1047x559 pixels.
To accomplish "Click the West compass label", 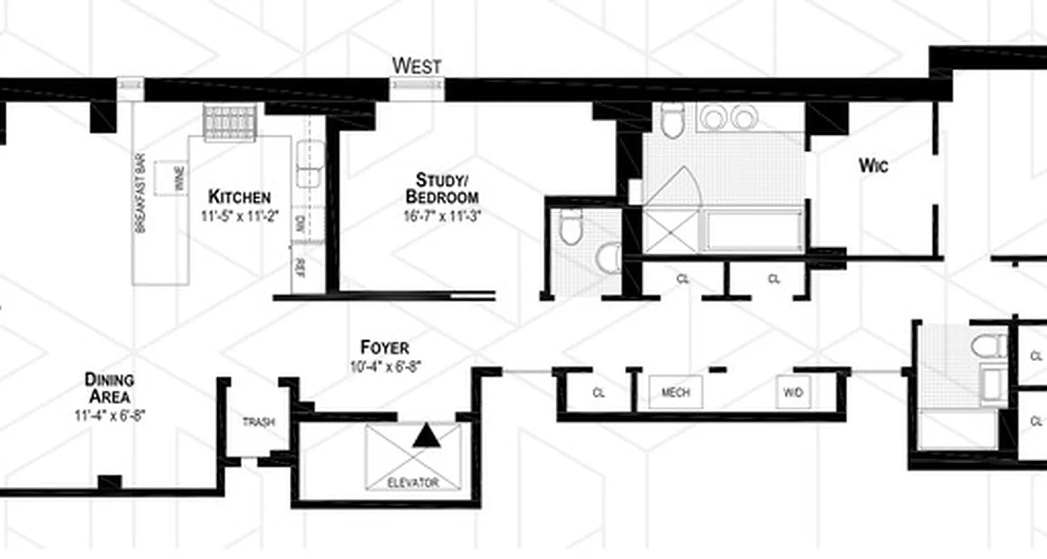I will [417, 66].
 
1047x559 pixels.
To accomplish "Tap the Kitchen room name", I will [239, 196].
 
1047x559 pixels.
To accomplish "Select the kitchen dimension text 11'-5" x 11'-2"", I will [239, 217].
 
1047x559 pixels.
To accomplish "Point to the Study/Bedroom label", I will [442, 188].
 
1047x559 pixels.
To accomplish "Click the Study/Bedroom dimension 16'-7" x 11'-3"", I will [442, 216].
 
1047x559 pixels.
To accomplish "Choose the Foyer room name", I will [385, 347].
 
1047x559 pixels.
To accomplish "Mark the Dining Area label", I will [109, 389].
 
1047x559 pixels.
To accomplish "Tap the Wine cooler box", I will [171, 178].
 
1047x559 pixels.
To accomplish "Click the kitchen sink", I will [310, 164].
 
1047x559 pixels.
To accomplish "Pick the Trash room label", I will [258, 422].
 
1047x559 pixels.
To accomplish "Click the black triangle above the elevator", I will [426, 436].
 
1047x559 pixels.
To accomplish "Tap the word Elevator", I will [413, 483].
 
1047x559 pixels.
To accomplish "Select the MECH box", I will [675, 393].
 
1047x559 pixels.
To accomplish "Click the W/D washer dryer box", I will [793, 393].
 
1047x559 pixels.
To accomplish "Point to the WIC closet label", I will [872, 166].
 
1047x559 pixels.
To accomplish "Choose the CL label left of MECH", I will [598, 393].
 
